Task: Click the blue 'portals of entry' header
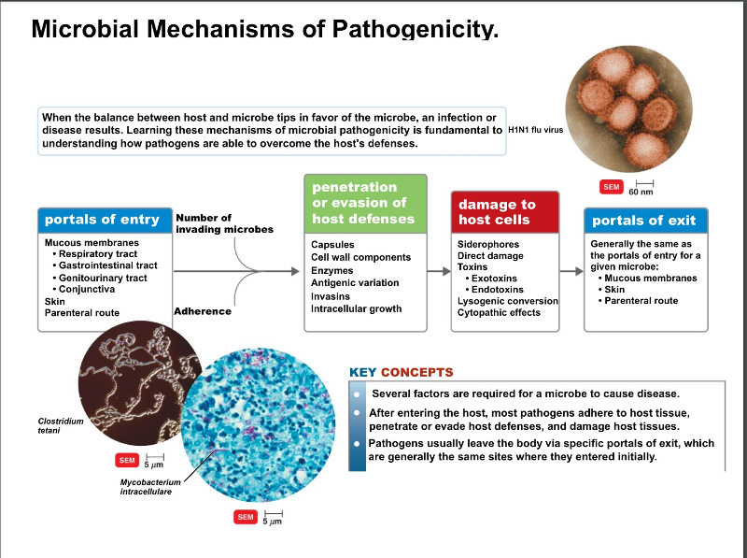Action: pyautogui.click(x=102, y=220)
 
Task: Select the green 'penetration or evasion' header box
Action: pyautogui.click(x=365, y=203)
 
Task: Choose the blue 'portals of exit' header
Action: pyautogui.click(x=645, y=221)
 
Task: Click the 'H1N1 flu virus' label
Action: pyautogui.click(x=536, y=131)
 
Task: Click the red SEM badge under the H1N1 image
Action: pyautogui.click(x=612, y=187)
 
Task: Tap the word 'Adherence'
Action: pyautogui.click(x=203, y=311)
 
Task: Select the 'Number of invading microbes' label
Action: pyautogui.click(x=224, y=223)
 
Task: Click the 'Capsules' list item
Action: pyautogui.click(x=332, y=244)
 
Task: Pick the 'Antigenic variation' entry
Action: pyautogui.click(x=355, y=282)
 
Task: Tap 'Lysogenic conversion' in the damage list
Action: pyautogui.click(x=507, y=301)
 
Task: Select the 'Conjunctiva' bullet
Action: pyautogui.click(x=89, y=289)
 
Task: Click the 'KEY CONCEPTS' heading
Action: pyautogui.click(x=401, y=372)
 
